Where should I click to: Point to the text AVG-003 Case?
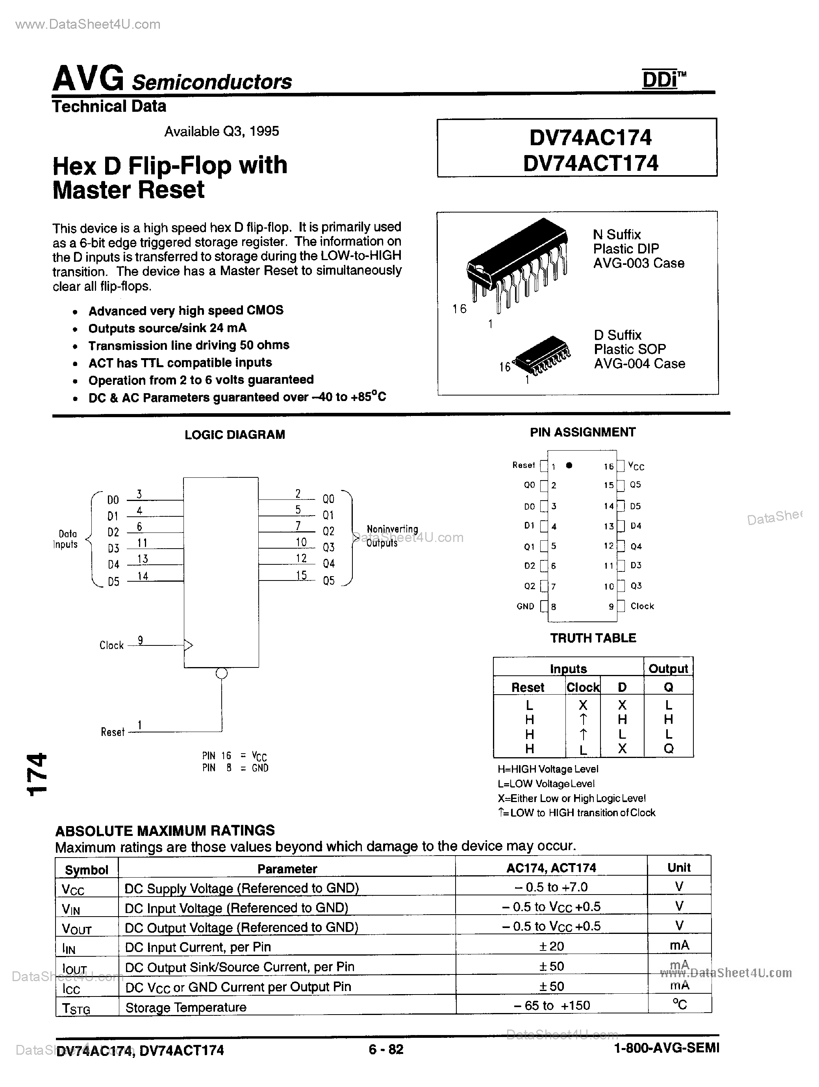point(638,263)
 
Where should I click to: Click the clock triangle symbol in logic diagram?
point(188,645)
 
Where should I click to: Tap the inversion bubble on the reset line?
point(222,674)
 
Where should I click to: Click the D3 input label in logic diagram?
point(113,548)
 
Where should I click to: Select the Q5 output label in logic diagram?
point(328,581)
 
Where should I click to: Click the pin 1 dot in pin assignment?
point(569,465)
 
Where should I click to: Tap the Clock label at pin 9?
point(642,606)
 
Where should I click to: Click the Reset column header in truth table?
point(528,688)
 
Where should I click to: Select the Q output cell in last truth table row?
point(668,749)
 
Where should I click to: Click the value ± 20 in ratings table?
point(551,946)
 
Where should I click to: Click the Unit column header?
point(679,868)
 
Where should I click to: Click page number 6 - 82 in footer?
point(386,1050)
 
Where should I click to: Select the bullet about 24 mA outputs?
point(167,328)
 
